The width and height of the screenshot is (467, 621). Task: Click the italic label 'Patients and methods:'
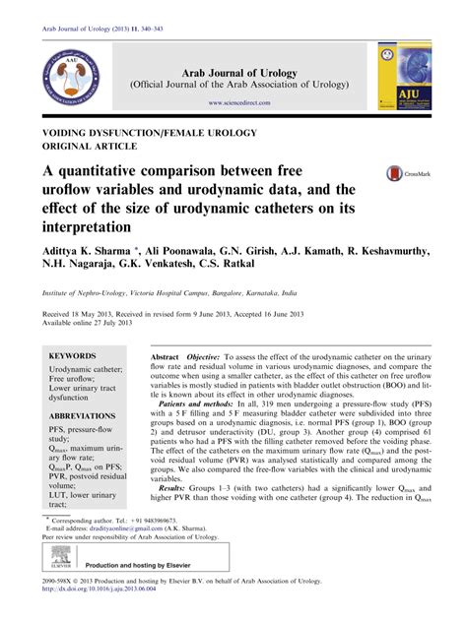coord(205,404)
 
